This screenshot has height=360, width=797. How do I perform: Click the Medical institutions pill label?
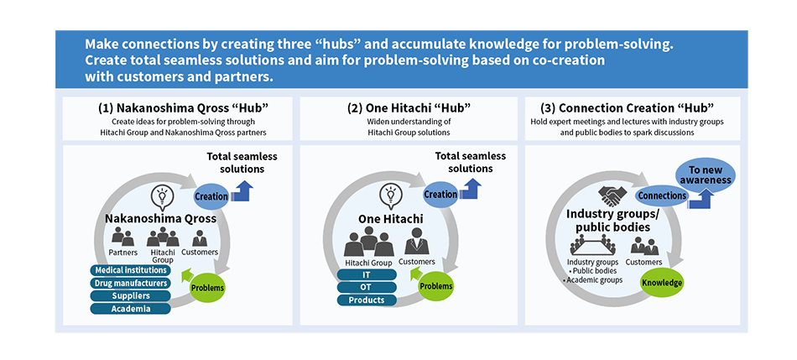coord(131,270)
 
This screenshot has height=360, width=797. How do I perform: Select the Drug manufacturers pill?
coord(131,283)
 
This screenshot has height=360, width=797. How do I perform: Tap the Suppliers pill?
coord(131,295)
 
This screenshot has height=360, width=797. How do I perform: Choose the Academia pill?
coord(131,308)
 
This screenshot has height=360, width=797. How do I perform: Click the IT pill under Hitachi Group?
coord(367,274)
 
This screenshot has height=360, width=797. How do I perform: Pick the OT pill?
coord(367,287)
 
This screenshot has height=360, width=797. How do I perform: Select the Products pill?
coord(367,300)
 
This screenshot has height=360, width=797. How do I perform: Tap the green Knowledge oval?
coord(662,283)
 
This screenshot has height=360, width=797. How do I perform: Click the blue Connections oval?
coord(661,196)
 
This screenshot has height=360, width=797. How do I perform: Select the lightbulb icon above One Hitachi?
coord(389,196)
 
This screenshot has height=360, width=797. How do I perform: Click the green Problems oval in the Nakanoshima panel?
coord(207,288)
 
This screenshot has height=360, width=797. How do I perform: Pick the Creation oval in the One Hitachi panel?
coord(440,194)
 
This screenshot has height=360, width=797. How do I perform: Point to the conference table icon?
coord(592,245)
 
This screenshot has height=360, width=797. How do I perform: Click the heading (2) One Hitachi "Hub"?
coord(409,107)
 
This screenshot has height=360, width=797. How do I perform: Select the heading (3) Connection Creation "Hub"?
coord(628,107)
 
